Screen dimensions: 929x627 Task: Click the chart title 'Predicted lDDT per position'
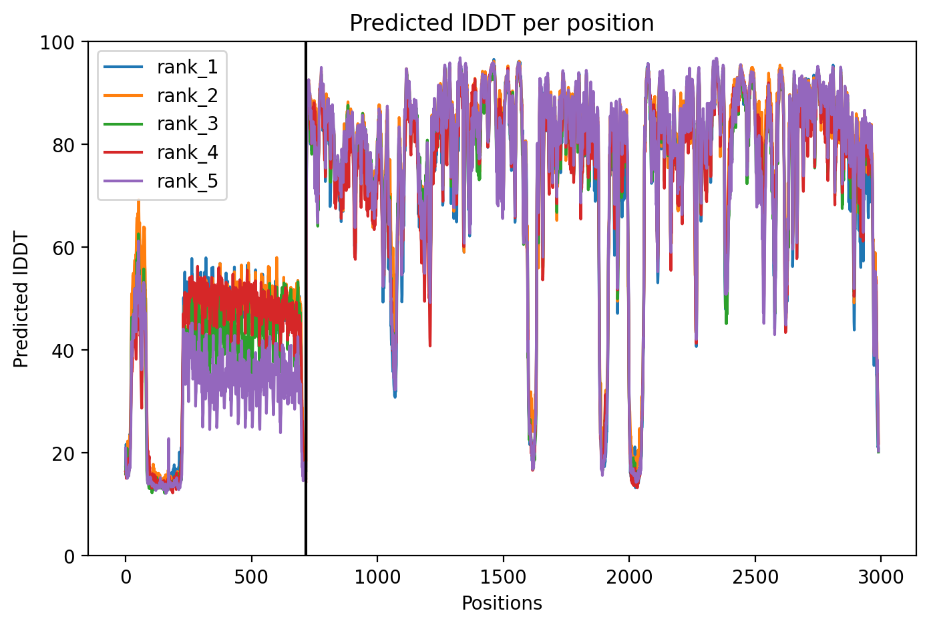(x=502, y=23)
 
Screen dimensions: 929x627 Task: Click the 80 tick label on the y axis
(x=63, y=146)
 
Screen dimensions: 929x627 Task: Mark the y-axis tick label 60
(x=63, y=248)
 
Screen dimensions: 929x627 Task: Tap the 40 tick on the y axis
(x=63, y=351)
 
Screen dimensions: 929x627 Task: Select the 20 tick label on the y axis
(x=63, y=453)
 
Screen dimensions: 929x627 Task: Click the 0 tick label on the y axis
(x=69, y=556)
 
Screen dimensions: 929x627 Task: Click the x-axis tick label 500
(x=251, y=577)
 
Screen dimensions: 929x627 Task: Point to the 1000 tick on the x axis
(x=377, y=577)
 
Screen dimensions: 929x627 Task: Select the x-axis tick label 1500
(x=503, y=577)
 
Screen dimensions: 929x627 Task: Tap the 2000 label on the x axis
(x=629, y=577)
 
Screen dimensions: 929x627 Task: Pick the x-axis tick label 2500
(x=755, y=577)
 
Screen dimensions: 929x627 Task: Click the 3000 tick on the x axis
(x=880, y=577)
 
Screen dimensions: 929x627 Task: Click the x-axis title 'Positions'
(x=502, y=604)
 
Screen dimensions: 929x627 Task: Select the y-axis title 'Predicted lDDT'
(x=21, y=299)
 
